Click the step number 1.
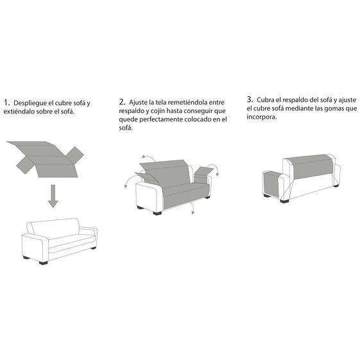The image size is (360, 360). tap(6, 103)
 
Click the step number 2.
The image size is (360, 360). tap(122, 102)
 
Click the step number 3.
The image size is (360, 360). tap(250, 99)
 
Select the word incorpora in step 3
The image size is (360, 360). tap(262, 117)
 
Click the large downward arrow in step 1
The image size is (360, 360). tap(53, 196)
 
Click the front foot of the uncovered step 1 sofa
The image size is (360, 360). tap(44, 263)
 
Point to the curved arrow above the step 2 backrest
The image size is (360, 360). tap(149, 158)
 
